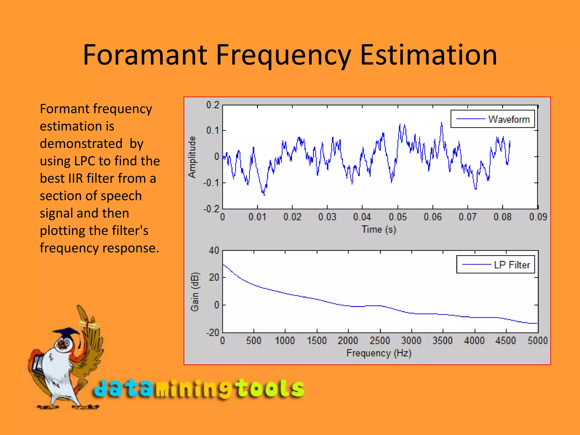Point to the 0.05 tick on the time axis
(x=397, y=217)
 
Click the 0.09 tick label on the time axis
(x=538, y=217)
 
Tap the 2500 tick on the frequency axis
(x=379, y=340)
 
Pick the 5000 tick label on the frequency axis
(x=537, y=340)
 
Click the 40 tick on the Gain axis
(x=214, y=250)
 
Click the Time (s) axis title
(x=379, y=229)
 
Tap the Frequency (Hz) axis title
(x=379, y=353)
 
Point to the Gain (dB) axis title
(x=195, y=292)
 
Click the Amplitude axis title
(x=192, y=157)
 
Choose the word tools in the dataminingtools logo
(x=270, y=389)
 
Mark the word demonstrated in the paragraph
(x=81, y=144)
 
